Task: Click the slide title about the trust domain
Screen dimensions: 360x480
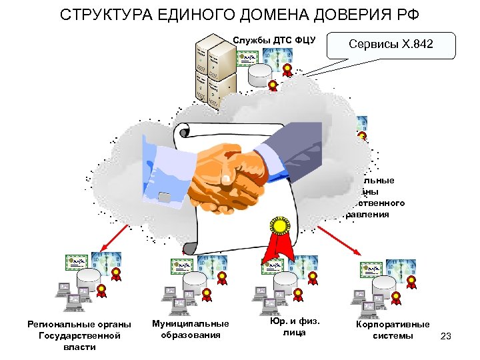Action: (x=240, y=14)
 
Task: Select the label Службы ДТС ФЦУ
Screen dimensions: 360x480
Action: (x=274, y=41)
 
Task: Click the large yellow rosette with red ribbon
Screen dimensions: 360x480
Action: (x=281, y=230)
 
